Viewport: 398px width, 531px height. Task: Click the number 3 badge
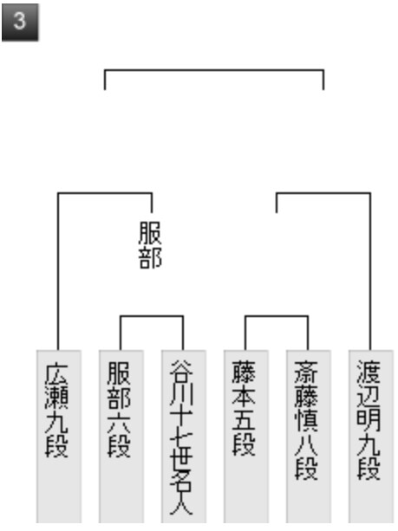coord(20,23)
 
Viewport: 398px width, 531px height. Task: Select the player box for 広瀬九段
coord(59,437)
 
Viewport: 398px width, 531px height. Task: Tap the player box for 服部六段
coord(121,437)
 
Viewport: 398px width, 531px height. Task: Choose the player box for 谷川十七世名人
coord(184,437)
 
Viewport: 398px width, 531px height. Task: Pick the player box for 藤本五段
coord(245,437)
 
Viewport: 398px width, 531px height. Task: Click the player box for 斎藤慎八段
coord(308,437)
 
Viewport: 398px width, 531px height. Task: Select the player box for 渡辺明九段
coord(370,437)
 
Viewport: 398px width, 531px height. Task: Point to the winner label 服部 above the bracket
coord(150,245)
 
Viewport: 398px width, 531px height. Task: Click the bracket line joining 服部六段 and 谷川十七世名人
coord(152,316)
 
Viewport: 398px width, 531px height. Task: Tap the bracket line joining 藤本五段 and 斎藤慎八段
coord(277,316)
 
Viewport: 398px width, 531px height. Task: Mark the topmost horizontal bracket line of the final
coord(214,70)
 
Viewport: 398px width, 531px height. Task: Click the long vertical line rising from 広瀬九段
coord(58,272)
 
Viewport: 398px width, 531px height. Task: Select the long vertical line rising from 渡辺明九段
coord(370,272)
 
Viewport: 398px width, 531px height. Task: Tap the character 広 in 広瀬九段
coord(56,375)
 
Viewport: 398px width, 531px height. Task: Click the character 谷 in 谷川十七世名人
coord(181,372)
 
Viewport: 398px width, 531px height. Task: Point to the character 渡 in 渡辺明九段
coord(369,372)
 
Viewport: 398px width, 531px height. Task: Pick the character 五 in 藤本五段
coord(244,421)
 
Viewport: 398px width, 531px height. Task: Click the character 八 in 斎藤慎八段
coord(306,444)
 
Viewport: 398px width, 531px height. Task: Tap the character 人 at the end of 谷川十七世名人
coord(181,504)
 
